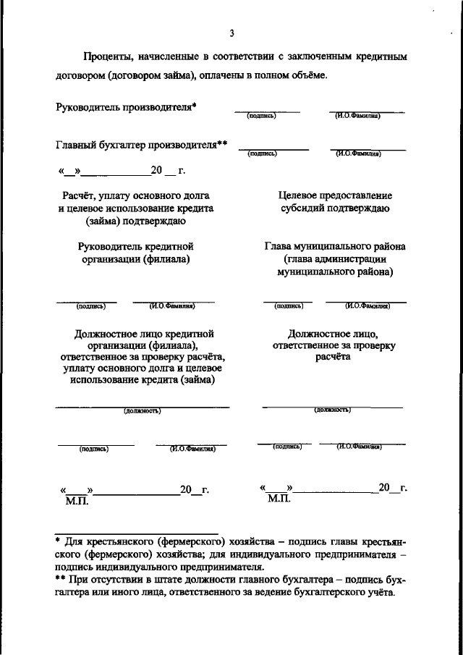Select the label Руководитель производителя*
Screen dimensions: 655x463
tap(127, 107)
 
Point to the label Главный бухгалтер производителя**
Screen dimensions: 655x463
tap(142, 145)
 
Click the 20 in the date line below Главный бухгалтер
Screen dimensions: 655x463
tap(157, 172)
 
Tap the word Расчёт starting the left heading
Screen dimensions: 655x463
tap(80, 195)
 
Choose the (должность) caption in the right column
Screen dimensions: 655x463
tap(332, 410)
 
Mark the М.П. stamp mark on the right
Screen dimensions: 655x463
tap(278, 499)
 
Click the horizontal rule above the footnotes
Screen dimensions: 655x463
tap(137, 533)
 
